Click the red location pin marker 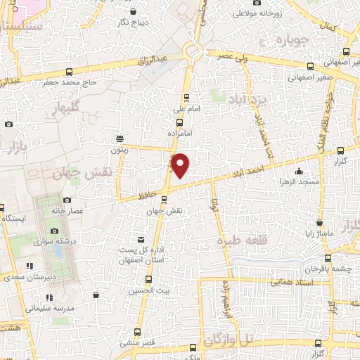[181, 165]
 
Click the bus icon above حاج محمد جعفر [69, 72]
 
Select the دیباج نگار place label [131, 22]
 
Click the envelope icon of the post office [141, 239]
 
